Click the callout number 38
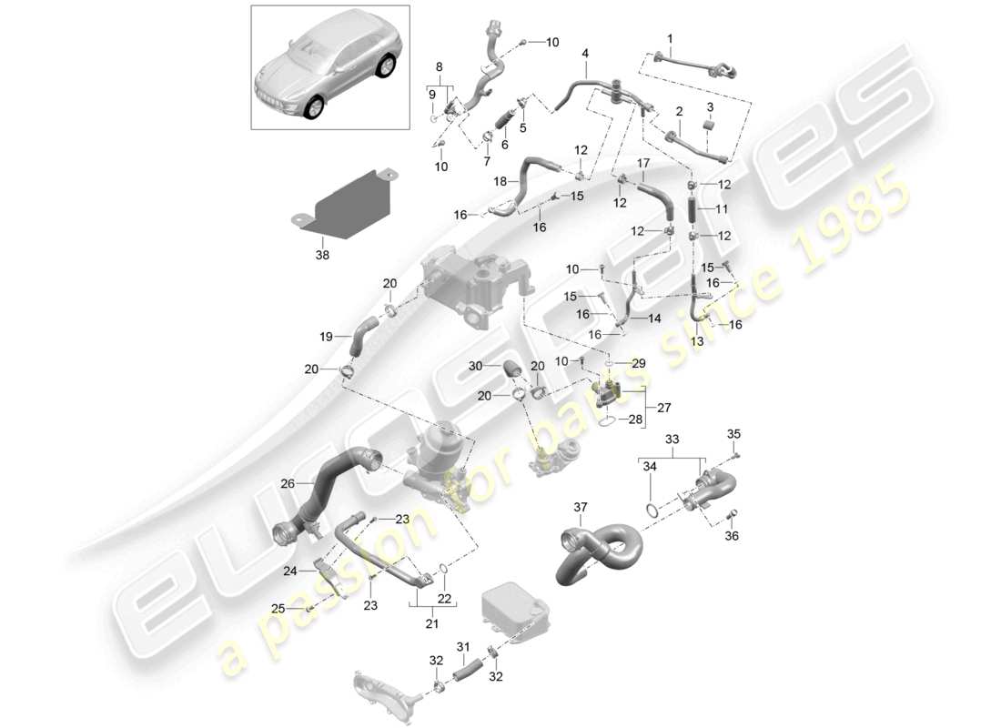pyautogui.click(x=323, y=256)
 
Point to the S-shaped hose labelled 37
pyautogui.click(x=601, y=551)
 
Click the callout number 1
pyautogui.click(x=670, y=39)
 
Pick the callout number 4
pyautogui.click(x=585, y=53)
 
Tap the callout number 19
pyautogui.click(x=326, y=337)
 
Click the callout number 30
pyautogui.click(x=475, y=366)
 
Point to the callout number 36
pyautogui.click(x=733, y=536)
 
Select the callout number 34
pyautogui.click(x=648, y=467)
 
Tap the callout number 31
pyautogui.click(x=462, y=647)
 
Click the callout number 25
pyautogui.click(x=278, y=608)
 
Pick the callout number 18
pyautogui.click(x=500, y=182)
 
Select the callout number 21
pyautogui.click(x=431, y=623)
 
